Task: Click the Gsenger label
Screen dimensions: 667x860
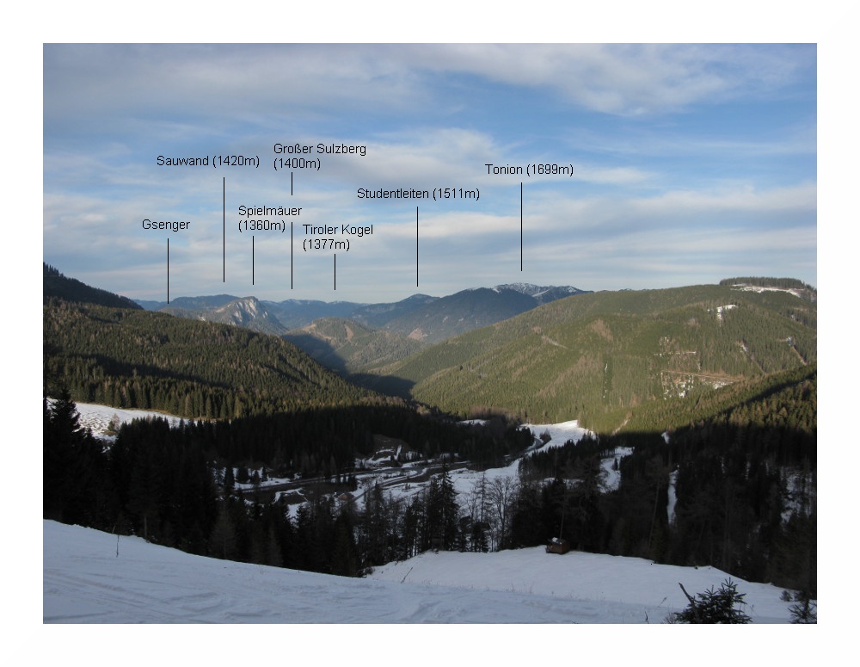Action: [x=166, y=225]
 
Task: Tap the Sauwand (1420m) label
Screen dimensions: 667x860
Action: [x=207, y=161]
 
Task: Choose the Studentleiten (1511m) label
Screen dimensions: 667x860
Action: [x=418, y=194]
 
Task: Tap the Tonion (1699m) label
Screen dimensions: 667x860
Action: [x=529, y=170]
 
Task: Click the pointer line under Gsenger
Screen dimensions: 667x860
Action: [x=168, y=270]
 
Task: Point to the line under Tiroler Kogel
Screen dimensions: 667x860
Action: [x=335, y=271]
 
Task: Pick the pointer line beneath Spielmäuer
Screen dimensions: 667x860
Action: [x=253, y=260]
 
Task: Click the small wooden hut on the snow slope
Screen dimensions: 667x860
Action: [x=557, y=546]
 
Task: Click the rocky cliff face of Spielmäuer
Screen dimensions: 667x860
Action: [x=249, y=312]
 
